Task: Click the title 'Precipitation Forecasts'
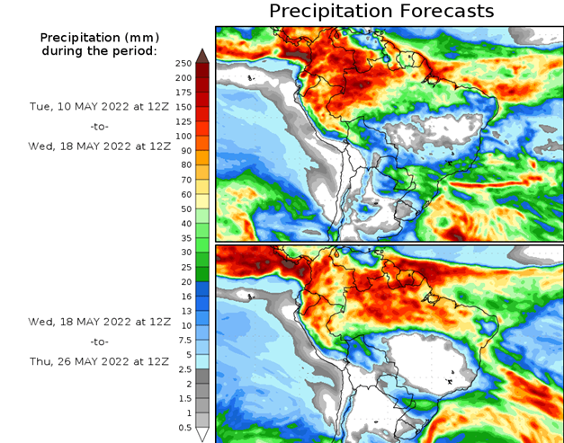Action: point(381,12)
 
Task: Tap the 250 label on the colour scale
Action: point(183,63)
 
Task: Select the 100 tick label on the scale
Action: point(183,136)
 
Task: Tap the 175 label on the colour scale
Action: point(183,92)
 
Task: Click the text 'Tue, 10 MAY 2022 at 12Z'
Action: point(99,106)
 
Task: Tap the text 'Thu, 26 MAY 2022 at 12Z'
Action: point(99,360)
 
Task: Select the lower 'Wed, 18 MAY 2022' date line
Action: point(99,321)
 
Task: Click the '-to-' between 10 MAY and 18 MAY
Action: point(99,126)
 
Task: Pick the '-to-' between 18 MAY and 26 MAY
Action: point(99,341)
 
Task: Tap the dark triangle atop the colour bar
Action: point(202,56)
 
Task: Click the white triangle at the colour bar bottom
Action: point(202,435)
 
